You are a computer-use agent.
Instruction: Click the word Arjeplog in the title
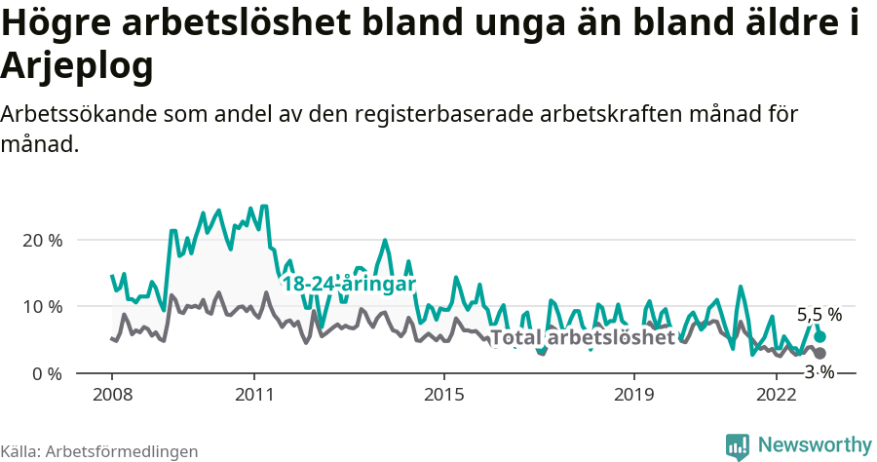coord(78,66)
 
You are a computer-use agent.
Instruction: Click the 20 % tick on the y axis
coord(42,240)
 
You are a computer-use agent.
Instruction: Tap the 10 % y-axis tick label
coord(42,306)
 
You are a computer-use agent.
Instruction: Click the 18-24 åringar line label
coord(349,284)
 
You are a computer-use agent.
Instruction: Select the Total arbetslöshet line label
coord(583,338)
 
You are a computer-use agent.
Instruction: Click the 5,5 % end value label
coord(819,315)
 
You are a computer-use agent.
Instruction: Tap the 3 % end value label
coord(820,371)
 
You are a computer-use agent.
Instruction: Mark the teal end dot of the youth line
coord(820,336)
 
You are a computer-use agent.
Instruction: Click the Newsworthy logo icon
coord(738,445)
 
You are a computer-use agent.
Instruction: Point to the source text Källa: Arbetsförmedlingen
coord(99,451)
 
